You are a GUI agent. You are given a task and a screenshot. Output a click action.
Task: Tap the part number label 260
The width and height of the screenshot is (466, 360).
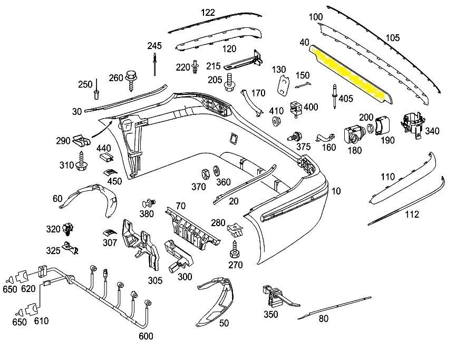pos(115,78)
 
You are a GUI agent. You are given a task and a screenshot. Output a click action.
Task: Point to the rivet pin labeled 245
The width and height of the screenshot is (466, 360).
pos(156,61)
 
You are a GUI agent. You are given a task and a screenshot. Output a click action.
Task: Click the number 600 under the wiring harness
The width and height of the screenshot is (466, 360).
pos(145,336)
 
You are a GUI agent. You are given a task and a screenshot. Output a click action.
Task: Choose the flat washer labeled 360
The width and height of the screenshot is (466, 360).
pos(216,172)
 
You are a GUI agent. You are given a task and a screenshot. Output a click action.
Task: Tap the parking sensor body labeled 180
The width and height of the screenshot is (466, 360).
pos(353,134)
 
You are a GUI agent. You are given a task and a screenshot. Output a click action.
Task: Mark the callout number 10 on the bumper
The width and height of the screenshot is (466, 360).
pos(336,191)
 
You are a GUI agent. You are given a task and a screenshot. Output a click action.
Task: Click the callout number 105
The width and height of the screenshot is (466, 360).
pos(393,38)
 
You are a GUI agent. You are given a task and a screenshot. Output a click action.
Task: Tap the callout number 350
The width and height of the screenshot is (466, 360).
pos(270,315)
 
